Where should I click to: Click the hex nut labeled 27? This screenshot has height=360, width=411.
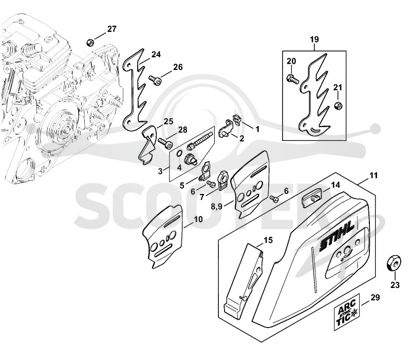89,42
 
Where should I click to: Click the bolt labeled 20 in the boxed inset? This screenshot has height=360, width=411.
292,79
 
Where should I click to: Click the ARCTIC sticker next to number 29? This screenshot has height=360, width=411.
346,312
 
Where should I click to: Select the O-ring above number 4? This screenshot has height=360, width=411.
179,153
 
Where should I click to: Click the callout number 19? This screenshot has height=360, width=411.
314,40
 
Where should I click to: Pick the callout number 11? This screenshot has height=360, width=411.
373,175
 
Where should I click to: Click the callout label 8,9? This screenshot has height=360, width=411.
216,207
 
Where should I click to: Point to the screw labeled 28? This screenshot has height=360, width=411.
165,144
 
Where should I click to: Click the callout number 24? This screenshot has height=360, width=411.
156,55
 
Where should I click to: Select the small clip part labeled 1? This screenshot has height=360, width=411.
237,119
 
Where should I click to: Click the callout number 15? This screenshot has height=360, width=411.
268,240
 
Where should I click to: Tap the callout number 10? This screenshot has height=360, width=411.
198,219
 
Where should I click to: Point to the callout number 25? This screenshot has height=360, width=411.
169,121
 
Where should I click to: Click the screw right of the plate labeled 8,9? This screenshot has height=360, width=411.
274,199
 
